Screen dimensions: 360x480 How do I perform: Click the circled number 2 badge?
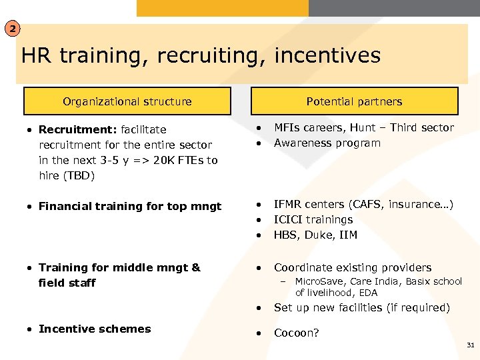click(13, 29)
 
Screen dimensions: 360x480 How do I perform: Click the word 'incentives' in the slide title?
click(327, 55)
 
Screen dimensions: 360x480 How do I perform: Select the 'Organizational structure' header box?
click(127, 101)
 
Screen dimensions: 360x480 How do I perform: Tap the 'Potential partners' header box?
click(354, 101)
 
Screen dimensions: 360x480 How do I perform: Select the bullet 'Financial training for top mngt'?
click(129, 206)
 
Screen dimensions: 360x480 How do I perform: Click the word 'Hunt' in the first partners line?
click(363, 127)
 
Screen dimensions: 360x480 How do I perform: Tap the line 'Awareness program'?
click(327, 143)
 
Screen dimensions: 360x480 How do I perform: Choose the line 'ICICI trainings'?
click(313, 219)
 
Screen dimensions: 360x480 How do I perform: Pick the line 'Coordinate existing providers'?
click(352, 267)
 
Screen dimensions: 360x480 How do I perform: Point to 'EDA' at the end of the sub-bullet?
click(368, 293)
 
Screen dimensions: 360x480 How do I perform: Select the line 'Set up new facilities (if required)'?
click(361, 307)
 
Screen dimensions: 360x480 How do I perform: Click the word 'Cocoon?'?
click(296, 333)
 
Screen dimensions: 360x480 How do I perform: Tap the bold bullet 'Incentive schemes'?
click(95, 329)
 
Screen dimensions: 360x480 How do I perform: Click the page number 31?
click(470, 345)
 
